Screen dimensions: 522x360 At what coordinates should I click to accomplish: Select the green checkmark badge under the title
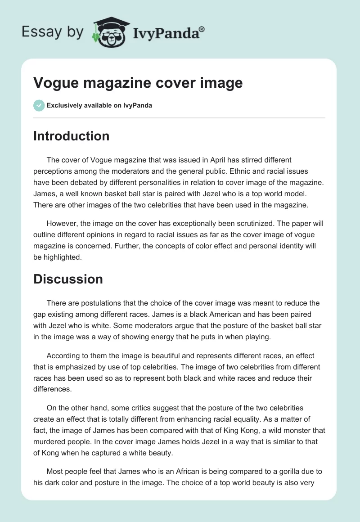point(39,105)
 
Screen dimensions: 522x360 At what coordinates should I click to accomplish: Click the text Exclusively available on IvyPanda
point(99,106)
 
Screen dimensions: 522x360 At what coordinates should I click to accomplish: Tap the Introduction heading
point(71,136)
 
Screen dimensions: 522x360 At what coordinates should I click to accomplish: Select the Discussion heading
point(68,279)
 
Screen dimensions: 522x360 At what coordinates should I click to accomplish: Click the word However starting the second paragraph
point(63,224)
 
